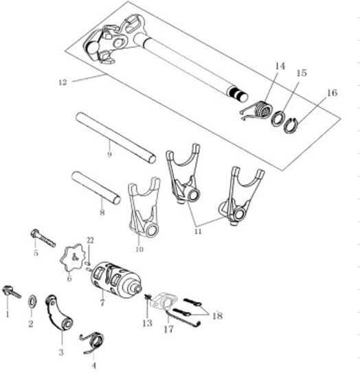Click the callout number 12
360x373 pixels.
tap(63, 82)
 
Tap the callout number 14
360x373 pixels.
tap(280, 66)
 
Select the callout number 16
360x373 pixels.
tap(332, 93)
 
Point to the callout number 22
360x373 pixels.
tap(90, 240)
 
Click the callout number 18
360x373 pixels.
tap(217, 316)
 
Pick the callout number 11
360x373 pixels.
tap(198, 231)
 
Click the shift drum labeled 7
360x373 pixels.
tap(117, 280)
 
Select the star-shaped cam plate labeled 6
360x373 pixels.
tap(72, 258)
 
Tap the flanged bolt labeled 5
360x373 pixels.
tap(43, 238)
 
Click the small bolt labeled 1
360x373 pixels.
tap(12, 292)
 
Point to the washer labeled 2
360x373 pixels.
tap(32, 301)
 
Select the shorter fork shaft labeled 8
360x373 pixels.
tap(96, 188)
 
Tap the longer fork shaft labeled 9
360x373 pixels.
tap(116, 138)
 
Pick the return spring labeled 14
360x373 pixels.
tap(258, 110)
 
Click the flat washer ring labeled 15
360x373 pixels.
tap(278, 118)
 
